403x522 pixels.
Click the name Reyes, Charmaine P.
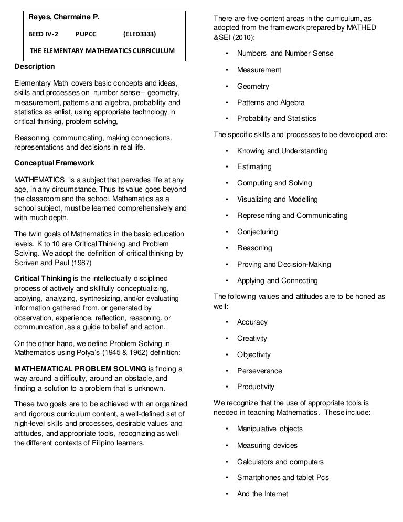point(63,18)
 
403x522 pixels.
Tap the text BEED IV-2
point(44,34)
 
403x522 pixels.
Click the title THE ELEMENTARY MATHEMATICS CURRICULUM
point(102,51)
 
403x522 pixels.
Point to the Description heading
point(34,67)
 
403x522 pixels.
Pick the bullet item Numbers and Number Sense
point(285,54)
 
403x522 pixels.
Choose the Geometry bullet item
point(253,86)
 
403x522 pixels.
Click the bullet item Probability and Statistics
point(277,119)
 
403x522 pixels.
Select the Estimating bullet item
point(254,167)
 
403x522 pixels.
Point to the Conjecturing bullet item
point(257,232)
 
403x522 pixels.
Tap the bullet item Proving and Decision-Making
point(284,264)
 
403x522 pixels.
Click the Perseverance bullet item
point(259,371)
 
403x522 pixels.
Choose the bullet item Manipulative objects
point(270,429)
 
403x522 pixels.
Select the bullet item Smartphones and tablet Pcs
point(283,478)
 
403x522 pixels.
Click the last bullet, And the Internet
point(262,494)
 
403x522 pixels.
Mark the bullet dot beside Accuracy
point(227,322)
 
